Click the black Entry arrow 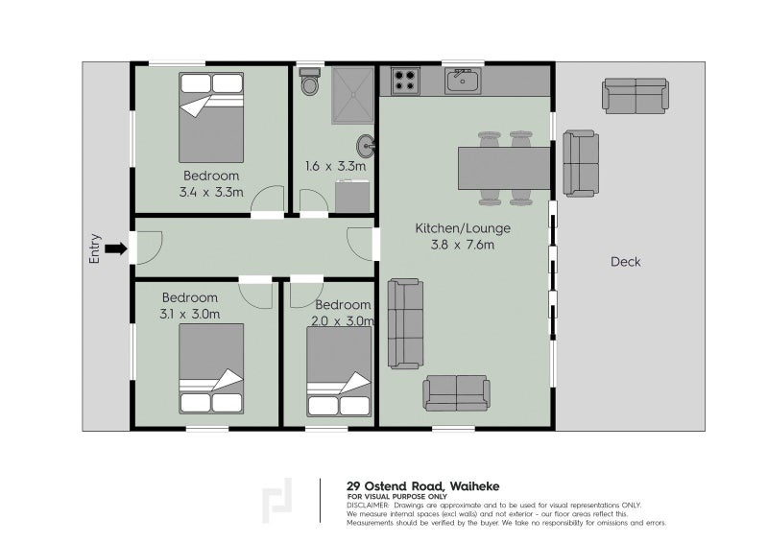(x=116, y=248)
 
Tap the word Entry (x=94, y=248)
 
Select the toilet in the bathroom (x=309, y=82)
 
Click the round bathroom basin (x=366, y=146)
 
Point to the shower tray (x=352, y=96)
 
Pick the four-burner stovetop (x=405, y=82)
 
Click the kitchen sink (x=463, y=82)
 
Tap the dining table (x=504, y=169)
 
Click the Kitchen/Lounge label (x=463, y=228)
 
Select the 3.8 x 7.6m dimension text (x=463, y=245)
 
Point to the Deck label (x=626, y=262)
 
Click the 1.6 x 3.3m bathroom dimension (x=335, y=167)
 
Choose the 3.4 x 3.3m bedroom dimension (x=211, y=193)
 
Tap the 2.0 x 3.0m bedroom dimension (x=343, y=321)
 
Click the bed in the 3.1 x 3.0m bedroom (x=211, y=368)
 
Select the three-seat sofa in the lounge (x=405, y=323)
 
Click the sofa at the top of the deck (x=636, y=96)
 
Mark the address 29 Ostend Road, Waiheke (x=423, y=486)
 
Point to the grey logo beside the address (x=277, y=501)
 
